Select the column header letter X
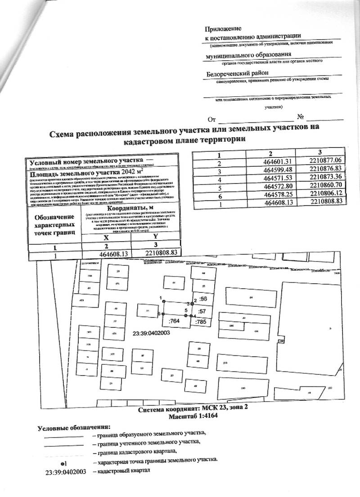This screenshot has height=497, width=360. click(106, 238)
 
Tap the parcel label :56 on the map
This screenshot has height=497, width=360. click(202, 299)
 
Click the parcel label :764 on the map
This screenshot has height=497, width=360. click(174, 321)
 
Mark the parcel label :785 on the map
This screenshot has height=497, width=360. click(201, 322)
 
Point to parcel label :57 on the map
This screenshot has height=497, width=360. click(202, 311)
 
